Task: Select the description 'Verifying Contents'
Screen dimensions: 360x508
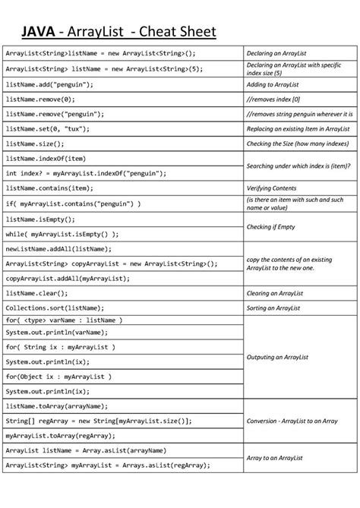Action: (271, 188)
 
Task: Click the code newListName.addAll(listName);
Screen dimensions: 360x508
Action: (58, 248)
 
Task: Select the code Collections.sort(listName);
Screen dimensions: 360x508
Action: (55, 307)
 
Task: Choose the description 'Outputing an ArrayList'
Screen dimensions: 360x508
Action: (279, 357)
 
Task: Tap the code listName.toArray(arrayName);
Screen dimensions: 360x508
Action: (56, 406)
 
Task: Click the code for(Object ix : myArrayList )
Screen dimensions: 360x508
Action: (58, 377)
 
